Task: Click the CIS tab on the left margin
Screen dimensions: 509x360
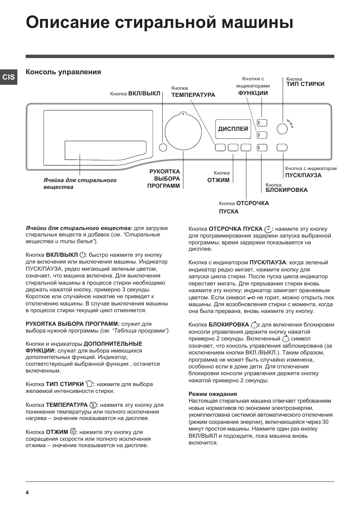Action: point(9,77)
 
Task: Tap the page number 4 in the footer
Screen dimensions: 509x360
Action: point(27,492)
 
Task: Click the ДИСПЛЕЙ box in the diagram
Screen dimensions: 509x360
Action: point(233,129)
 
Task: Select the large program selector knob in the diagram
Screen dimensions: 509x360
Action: point(183,132)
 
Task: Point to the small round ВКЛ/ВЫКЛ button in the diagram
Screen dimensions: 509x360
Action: point(163,147)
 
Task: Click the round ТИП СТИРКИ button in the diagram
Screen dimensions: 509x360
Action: point(282,129)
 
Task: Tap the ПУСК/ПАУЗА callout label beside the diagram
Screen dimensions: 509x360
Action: point(303,175)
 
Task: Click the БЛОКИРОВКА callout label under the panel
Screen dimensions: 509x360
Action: point(286,190)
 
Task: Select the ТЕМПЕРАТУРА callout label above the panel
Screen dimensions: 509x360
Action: point(193,95)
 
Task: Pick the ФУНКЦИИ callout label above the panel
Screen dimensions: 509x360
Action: point(253,93)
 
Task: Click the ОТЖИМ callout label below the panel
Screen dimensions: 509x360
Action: point(218,180)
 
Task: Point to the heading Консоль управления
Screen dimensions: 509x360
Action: point(63,72)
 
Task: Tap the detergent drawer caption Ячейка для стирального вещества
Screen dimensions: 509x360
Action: point(80,184)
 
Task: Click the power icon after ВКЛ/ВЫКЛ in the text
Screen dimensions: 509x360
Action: point(83,255)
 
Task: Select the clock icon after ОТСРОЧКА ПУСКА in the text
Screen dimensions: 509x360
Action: point(268,229)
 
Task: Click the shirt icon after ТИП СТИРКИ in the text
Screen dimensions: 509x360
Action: point(89,384)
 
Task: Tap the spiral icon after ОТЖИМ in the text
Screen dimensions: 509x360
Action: point(73,432)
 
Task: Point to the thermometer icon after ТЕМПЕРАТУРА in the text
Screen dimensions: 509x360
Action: point(92,405)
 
